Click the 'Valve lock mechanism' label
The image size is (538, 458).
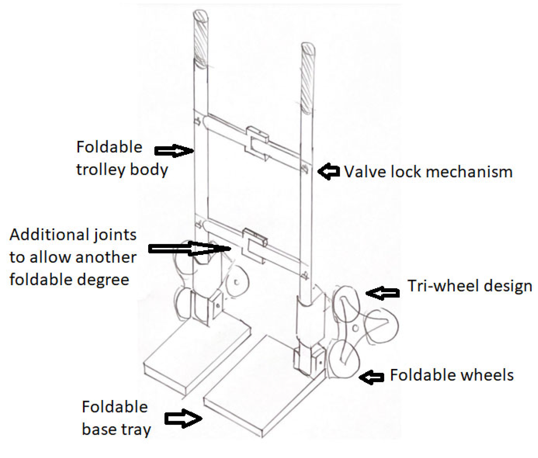pyautogui.click(x=428, y=172)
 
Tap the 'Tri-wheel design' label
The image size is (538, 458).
pyautogui.click(x=469, y=286)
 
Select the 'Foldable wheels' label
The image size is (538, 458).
pyautogui.click(x=451, y=375)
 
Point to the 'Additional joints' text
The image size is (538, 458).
pyautogui.click(x=73, y=235)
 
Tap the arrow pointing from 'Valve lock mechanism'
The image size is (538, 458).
pyautogui.click(x=328, y=171)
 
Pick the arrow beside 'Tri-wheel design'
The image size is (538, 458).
pyautogui.click(x=383, y=293)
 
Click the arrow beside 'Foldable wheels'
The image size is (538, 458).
pyautogui.click(x=371, y=377)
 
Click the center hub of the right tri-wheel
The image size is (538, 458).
pyautogui.click(x=355, y=328)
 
